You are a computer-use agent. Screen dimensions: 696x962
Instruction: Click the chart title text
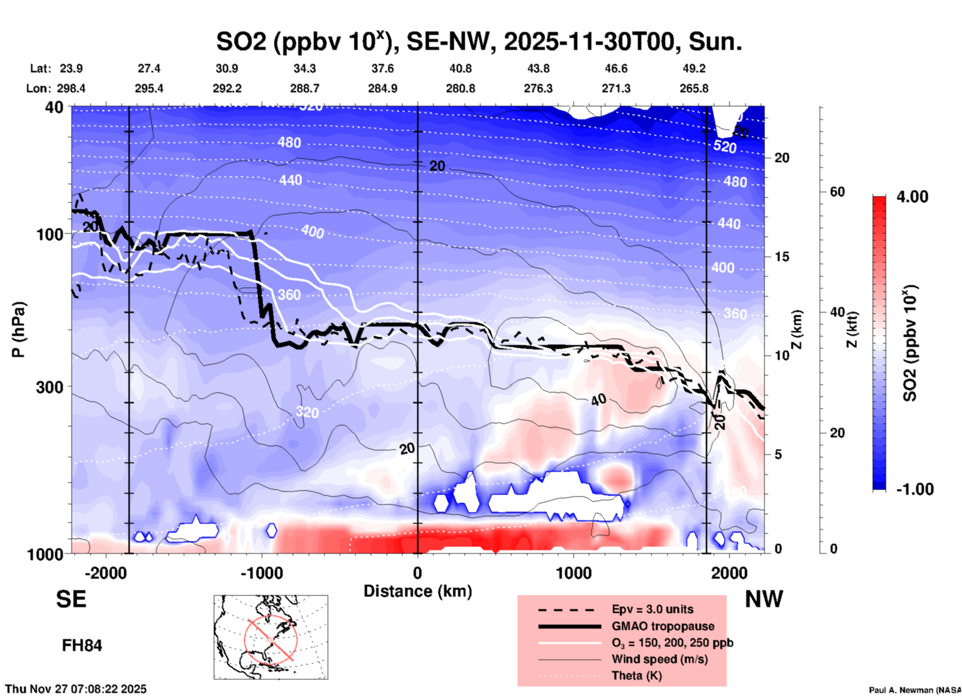479,41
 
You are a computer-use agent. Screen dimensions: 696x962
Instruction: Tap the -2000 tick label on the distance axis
105,573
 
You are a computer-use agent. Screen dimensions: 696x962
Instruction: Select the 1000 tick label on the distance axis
573,573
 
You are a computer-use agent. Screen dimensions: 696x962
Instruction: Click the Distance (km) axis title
418,591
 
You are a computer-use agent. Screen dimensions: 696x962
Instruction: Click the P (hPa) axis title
18,330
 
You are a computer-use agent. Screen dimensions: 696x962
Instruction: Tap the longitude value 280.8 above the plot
460,88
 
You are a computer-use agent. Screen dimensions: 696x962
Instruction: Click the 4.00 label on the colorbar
912,196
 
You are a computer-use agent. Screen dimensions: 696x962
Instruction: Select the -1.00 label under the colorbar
915,489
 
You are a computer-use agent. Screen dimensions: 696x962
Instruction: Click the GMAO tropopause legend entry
663,626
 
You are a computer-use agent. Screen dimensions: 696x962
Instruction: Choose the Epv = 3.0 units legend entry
652,609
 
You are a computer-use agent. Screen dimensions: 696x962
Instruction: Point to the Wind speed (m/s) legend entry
659,659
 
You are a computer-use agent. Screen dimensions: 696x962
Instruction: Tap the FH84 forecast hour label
82,646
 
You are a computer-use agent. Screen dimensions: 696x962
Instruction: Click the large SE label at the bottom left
71,599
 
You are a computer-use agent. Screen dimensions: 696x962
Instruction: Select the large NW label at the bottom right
764,599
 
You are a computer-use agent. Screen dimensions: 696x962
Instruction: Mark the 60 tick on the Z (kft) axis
837,192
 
